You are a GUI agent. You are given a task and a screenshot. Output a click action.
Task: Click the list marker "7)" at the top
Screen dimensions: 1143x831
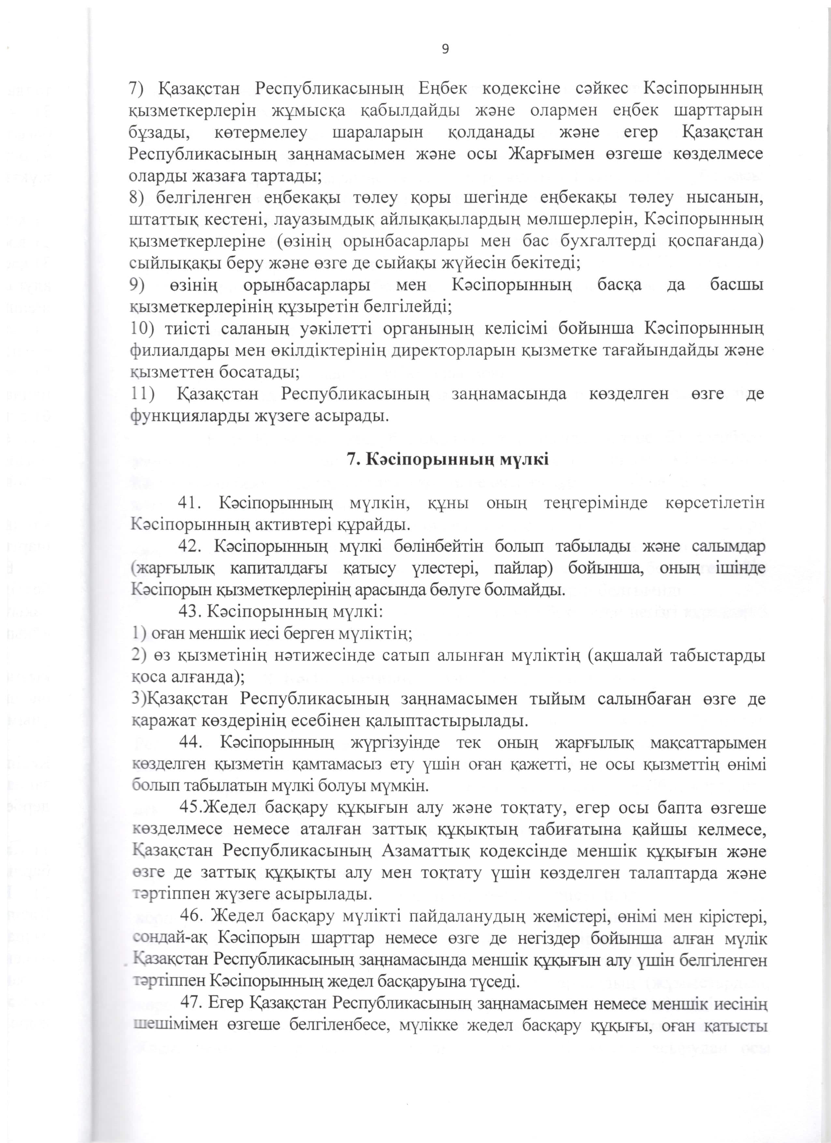(136, 88)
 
